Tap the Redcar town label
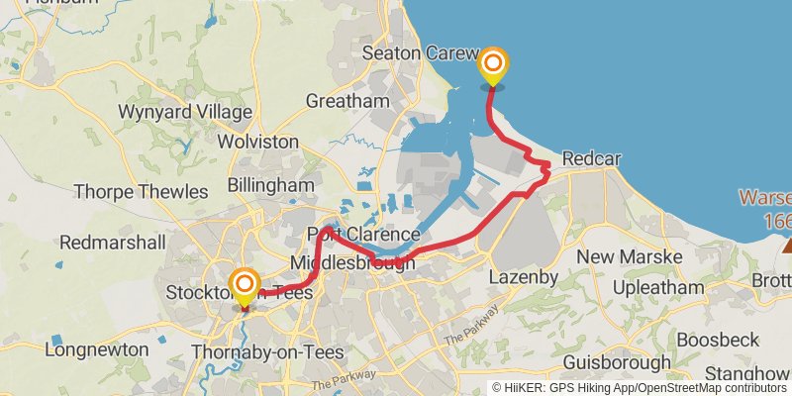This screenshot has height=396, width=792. (590, 159)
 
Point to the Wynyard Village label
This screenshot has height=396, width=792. (185, 111)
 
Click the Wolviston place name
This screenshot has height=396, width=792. (257, 142)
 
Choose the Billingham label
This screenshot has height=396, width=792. (270, 185)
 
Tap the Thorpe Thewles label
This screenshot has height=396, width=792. (140, 191)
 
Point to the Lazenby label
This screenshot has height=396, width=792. (524, 277)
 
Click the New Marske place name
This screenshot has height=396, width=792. (643, 257)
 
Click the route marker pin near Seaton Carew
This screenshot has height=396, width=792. (492, 67)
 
